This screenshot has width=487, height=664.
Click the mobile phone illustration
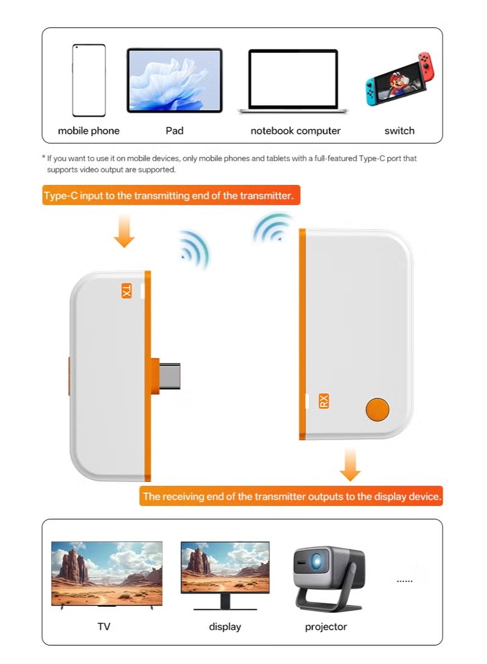click(x=89, y=80)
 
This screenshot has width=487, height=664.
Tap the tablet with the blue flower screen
click(x=175, y=80)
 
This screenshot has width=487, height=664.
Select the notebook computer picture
click(x=293, y=81)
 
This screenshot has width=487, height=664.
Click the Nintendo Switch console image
click(x=400, y=79)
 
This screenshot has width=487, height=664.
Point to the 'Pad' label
click(x=174, y=130)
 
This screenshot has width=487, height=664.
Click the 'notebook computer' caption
click(x=295, y=131)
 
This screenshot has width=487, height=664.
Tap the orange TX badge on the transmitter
click(x=126, y=291)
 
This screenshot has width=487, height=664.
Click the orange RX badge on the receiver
click(x=323, y=401)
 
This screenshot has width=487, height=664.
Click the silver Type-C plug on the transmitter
click(x=170, y=376)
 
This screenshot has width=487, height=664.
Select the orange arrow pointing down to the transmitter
click(x=124, y=231)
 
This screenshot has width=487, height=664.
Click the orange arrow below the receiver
click(x=350, y=465)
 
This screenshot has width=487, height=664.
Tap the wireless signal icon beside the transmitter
click(x=195, y=249)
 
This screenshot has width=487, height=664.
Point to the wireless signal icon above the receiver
click(x=273, y=227)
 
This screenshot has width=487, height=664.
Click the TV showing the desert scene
click(x=107, y=574)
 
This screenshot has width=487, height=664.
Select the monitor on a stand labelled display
click(x=225, y=575)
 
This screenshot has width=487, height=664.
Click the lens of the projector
click(x=316, y=561)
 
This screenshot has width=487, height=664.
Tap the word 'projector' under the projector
click(x=326, y=627)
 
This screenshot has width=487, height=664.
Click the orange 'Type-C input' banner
click(x=171, y=195)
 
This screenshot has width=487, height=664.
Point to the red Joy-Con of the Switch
click(x=426, y=67)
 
